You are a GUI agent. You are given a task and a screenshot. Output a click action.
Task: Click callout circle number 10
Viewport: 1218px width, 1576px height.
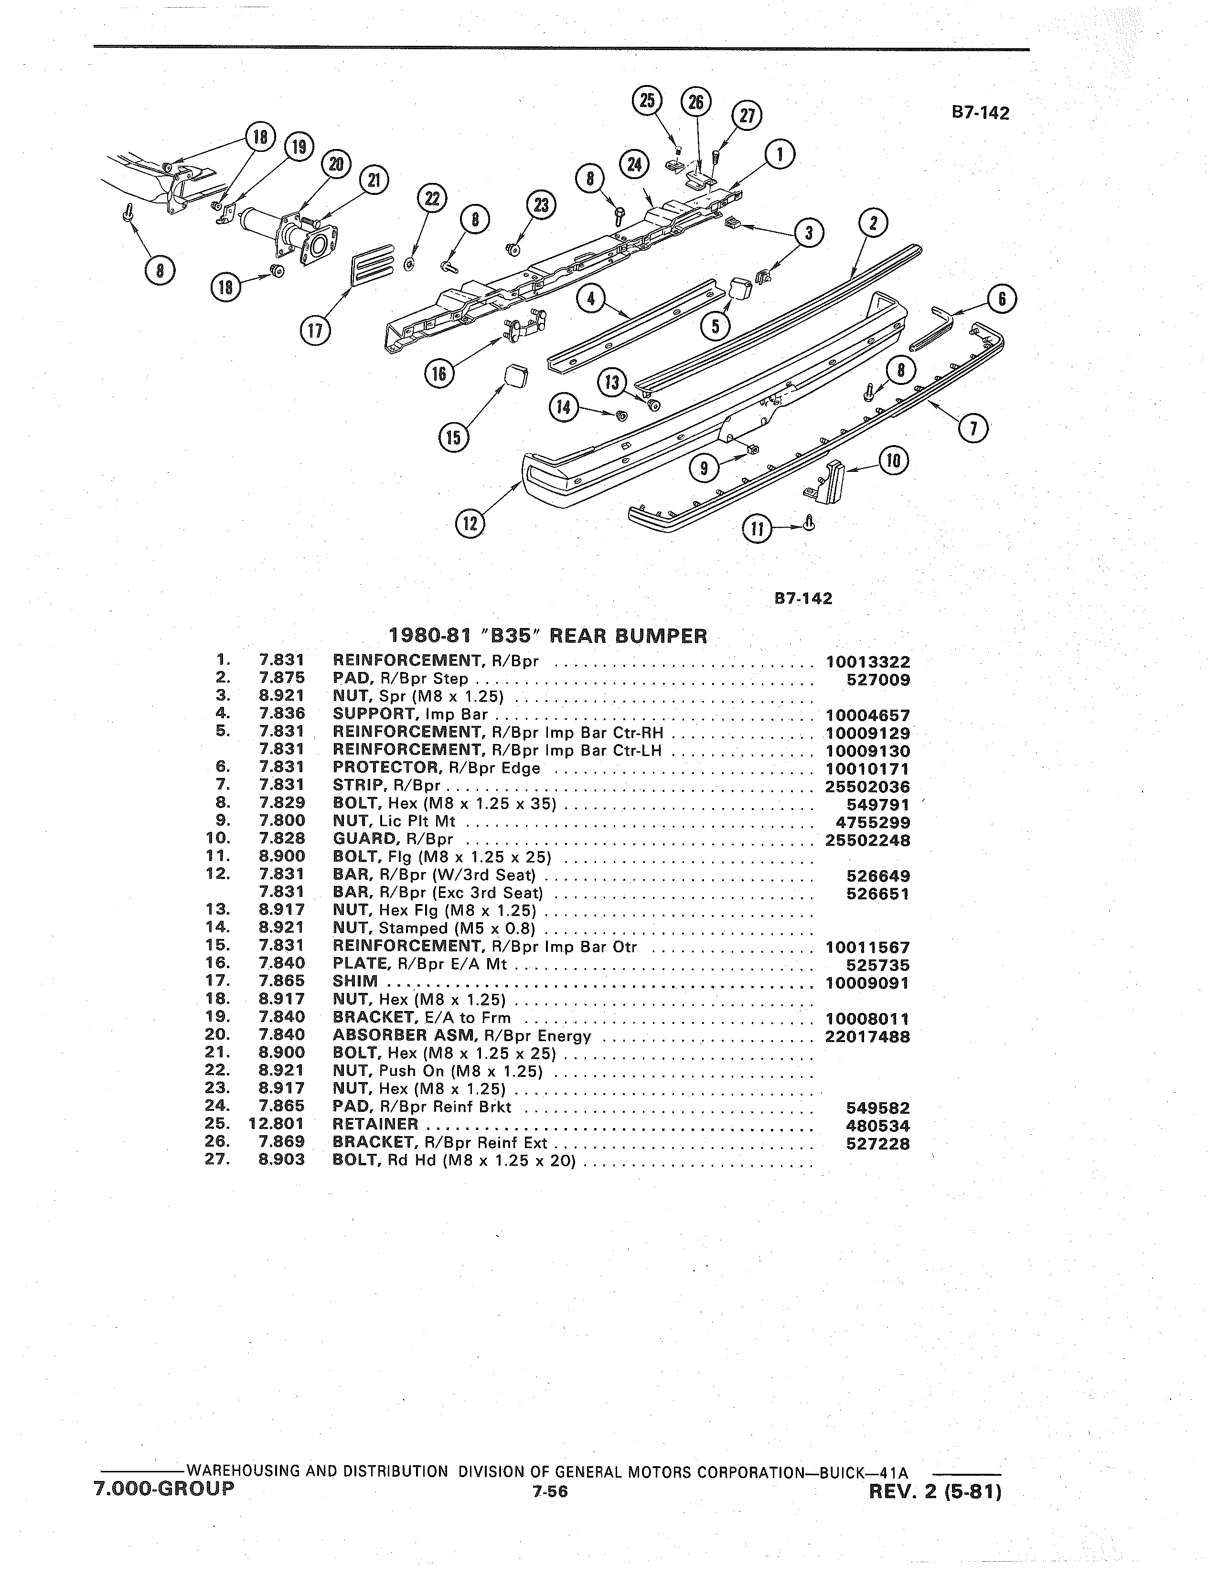coord(893,460)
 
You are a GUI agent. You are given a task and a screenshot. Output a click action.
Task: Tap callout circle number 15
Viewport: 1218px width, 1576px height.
coord(454,438)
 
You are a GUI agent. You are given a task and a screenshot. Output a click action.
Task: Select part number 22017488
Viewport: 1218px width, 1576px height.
coord(867,1037)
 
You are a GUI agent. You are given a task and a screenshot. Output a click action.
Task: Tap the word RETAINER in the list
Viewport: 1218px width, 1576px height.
coord(375,1124)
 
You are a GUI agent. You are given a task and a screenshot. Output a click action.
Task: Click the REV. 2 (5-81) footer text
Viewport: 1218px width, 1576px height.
coord(936,1490)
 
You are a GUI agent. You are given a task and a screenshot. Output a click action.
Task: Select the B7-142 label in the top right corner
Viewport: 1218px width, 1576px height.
coord(980,113)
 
